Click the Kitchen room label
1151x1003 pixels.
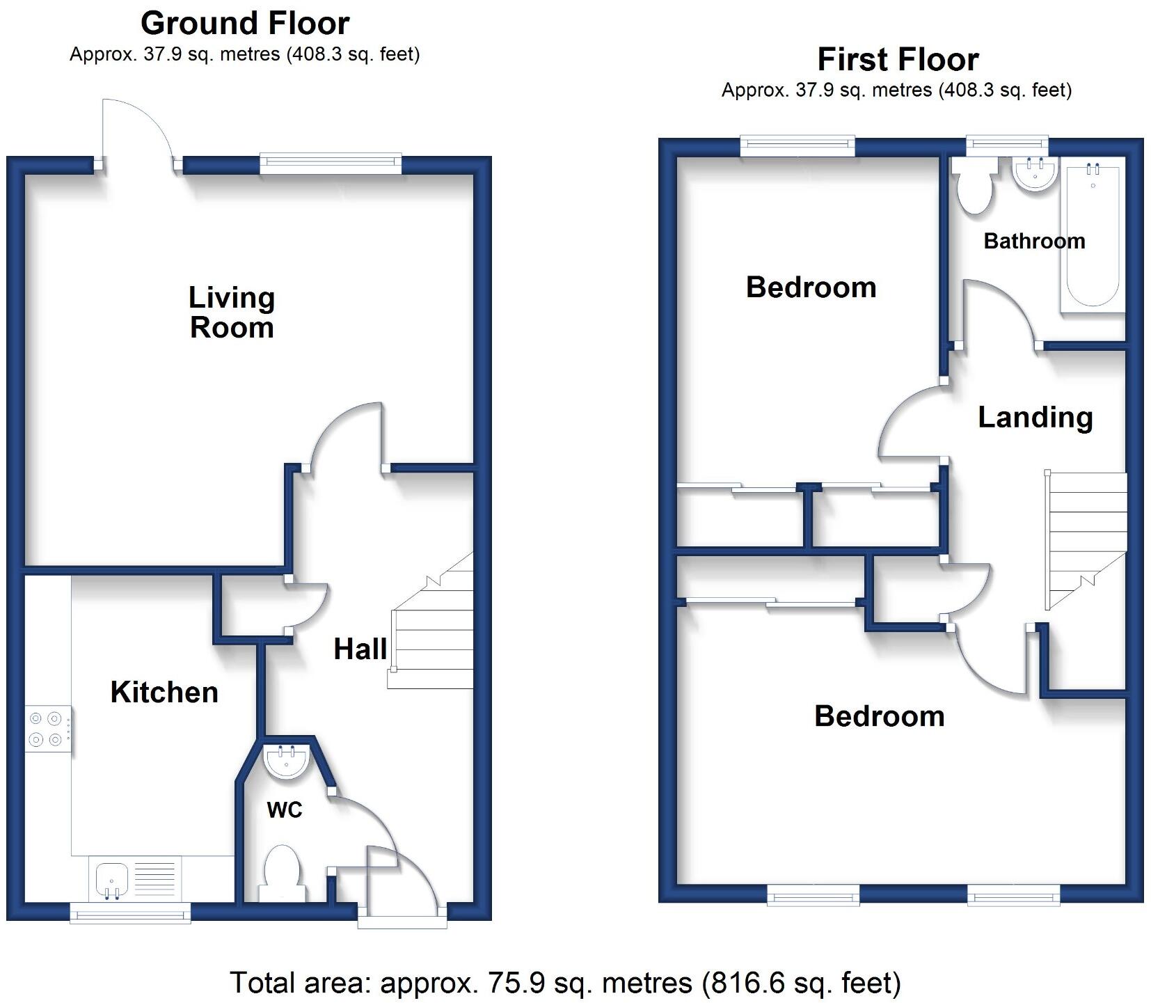click(164, 693)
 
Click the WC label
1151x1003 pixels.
click(285, 809)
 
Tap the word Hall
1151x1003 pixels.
click(360, 649)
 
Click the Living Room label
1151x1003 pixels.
click(232, 313)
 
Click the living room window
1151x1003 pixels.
click(331, 164)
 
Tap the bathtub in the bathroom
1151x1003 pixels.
click(1091, 237)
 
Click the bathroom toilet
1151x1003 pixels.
click(974, 187)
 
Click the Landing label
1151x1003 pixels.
click(1035, 418)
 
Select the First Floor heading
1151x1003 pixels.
click(898, 60)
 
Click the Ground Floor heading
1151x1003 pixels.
click(245, 24)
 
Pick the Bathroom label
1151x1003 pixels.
click(1034, 242)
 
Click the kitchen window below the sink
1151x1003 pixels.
click(130, 912)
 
